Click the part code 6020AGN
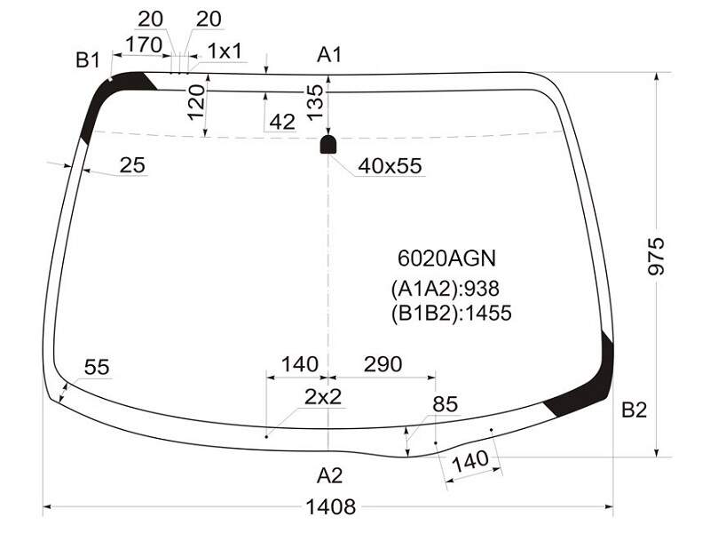coord(446,259)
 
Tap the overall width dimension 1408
coord(331,506)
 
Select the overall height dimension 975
coord(656,256)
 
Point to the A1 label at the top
coord(329,55)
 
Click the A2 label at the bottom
coord(329,475)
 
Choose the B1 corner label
coord(87,60)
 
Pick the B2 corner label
coord(634,410)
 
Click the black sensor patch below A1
coord(328,144)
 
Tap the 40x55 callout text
coord(390,166)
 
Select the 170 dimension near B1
coord(144,45)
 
